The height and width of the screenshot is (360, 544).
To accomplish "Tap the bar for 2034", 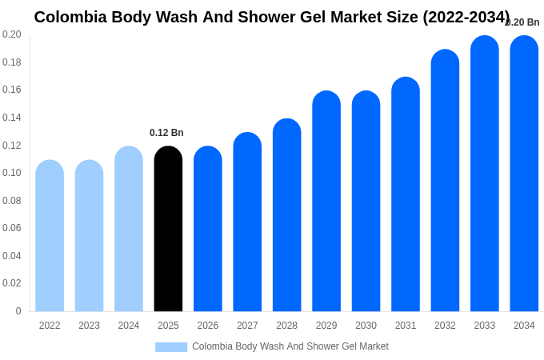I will tap(524, 174).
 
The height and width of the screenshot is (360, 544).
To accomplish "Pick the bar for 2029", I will tap(326, 202).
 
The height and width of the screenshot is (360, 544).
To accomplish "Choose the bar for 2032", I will tap(445, 181).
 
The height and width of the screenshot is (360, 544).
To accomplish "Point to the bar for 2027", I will tap(247, 222).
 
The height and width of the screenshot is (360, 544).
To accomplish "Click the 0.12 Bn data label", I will tap(166, 133).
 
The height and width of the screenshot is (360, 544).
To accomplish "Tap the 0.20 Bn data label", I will tap(523, 22).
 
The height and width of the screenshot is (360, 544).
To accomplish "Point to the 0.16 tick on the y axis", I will tap(12, 90).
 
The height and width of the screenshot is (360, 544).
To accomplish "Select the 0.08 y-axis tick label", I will tap(12, 201).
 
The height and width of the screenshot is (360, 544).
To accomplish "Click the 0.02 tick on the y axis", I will tap(12, 283).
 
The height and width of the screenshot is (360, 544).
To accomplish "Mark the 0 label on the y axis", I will tap(18, 311).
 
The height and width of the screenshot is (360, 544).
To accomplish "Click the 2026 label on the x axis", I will tap(208, 326).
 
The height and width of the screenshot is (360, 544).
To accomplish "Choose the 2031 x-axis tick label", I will tap(406, 326).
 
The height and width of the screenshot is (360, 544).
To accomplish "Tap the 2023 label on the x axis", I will tap(89, 326).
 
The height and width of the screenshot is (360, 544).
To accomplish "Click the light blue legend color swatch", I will tap(171, 347).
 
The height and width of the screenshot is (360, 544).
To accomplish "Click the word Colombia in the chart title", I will tap(70, 17).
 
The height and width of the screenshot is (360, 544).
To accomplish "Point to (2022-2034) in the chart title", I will tap(466, 17).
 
